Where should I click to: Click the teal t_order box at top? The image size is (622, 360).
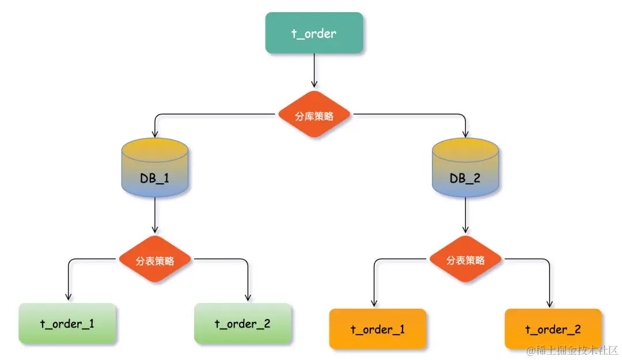[314, 33]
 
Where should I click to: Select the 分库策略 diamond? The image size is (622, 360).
[314, 115]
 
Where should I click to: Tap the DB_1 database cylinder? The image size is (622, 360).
[155, 167]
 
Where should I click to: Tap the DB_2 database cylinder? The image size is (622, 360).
[465, 167]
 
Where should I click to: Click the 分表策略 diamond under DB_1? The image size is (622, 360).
[155, 260]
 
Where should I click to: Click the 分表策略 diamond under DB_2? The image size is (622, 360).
[465, 260]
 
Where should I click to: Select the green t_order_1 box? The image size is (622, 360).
[67, 324]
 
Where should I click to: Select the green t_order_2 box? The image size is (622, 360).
[242, 324]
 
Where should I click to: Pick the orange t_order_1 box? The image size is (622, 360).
[377, 329]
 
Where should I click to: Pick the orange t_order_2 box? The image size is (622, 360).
[553, 329]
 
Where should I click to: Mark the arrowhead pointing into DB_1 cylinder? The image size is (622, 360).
[155, 133]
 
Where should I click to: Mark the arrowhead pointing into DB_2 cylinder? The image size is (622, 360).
[465, 133]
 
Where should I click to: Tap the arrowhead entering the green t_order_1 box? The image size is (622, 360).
[68, 297]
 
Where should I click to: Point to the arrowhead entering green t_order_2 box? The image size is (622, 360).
[248, 297]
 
